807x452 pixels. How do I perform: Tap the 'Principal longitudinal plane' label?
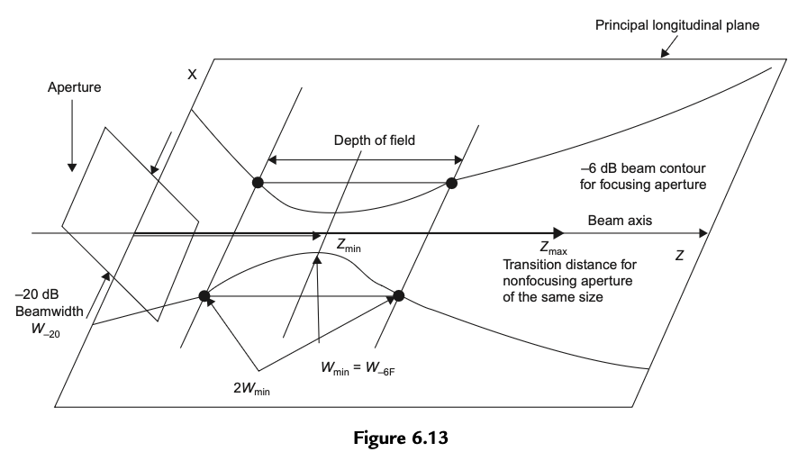pos(677,25)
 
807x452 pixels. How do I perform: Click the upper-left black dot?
pos(258,183)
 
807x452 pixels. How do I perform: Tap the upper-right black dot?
pos(452,183)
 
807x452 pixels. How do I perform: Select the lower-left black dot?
pos(204,295)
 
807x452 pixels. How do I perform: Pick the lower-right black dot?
pos(399,295)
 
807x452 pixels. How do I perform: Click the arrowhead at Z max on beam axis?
pos(559,234)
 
